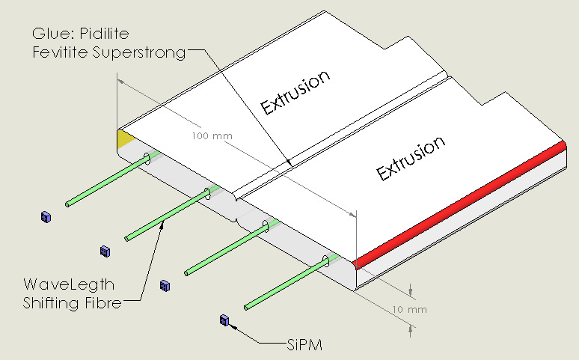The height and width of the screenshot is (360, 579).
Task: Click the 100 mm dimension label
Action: pos(212,136)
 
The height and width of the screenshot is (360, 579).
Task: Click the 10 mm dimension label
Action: pos(409,308)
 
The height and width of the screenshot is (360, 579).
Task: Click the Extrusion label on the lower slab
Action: pos(411,158)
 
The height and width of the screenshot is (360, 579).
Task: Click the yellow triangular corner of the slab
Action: pos(125,138)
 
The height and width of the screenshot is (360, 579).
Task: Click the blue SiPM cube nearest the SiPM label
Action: pos(223,320)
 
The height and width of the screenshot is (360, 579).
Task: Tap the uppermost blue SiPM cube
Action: pos(46,217)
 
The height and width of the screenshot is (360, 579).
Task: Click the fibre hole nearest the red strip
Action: pos(325,261)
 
